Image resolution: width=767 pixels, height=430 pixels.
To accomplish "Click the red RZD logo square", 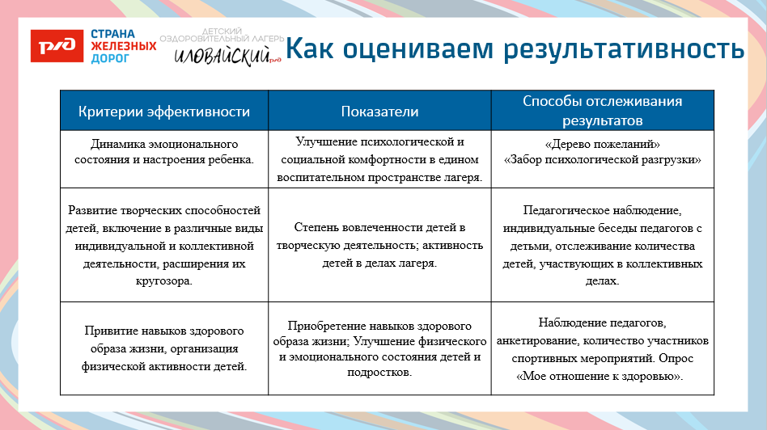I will [57, 46].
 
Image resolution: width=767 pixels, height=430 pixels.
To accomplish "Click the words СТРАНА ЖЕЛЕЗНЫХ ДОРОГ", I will [122, 47].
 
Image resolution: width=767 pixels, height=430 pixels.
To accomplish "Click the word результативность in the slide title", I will [623, 48].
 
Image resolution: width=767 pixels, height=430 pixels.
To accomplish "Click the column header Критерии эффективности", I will [164, 112].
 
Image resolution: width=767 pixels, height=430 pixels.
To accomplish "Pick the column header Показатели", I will [379, 112].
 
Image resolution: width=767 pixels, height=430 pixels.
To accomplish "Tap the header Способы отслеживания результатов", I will [602, 112].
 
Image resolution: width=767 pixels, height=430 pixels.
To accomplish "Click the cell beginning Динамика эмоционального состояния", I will [164, 151].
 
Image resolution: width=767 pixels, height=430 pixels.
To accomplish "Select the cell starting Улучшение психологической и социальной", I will [379, 159].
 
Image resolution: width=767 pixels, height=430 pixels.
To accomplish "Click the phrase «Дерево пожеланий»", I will [603, 144].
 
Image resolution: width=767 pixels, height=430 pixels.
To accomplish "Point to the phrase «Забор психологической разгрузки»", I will [603, 159].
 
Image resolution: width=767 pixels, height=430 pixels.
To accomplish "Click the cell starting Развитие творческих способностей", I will [164, 245].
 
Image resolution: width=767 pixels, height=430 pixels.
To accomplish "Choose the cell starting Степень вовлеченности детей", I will [379, 245].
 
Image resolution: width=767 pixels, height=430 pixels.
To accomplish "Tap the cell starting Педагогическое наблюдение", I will [603, 245].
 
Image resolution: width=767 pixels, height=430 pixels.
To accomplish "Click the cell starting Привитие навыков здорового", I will [164, 348].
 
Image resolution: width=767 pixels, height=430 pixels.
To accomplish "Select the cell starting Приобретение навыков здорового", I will [379, 348].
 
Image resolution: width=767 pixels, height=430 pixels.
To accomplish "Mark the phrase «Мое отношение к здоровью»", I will [603, 376].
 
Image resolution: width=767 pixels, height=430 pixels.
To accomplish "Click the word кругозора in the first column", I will [164, 280].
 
